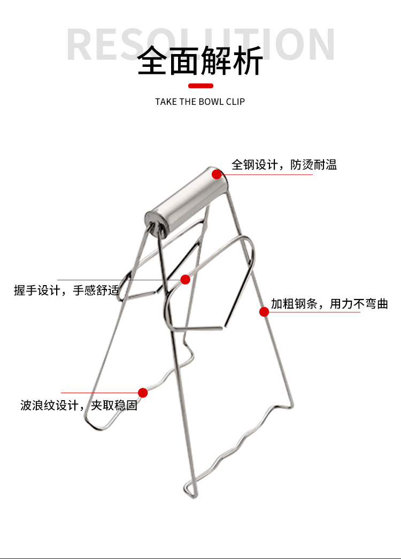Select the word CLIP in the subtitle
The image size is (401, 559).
pos(235,102)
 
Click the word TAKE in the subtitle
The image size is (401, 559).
pos(166,102)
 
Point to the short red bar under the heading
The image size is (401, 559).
pos(200,86)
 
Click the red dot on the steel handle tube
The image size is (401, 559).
pos(217,174)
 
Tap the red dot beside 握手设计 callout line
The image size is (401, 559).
pos(185,279)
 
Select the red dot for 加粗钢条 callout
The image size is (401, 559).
pos(264,311)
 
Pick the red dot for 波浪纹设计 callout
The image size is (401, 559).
pos(143,393)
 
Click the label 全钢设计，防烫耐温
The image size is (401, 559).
pos(284,164)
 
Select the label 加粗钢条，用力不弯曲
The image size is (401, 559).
pos(329,304)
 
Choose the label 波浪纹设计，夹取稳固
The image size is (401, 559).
pos(79,405)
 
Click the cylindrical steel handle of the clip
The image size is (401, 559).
pos(187,201)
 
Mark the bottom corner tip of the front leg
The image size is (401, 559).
pos(189,489)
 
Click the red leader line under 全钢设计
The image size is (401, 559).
pos(267,174)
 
